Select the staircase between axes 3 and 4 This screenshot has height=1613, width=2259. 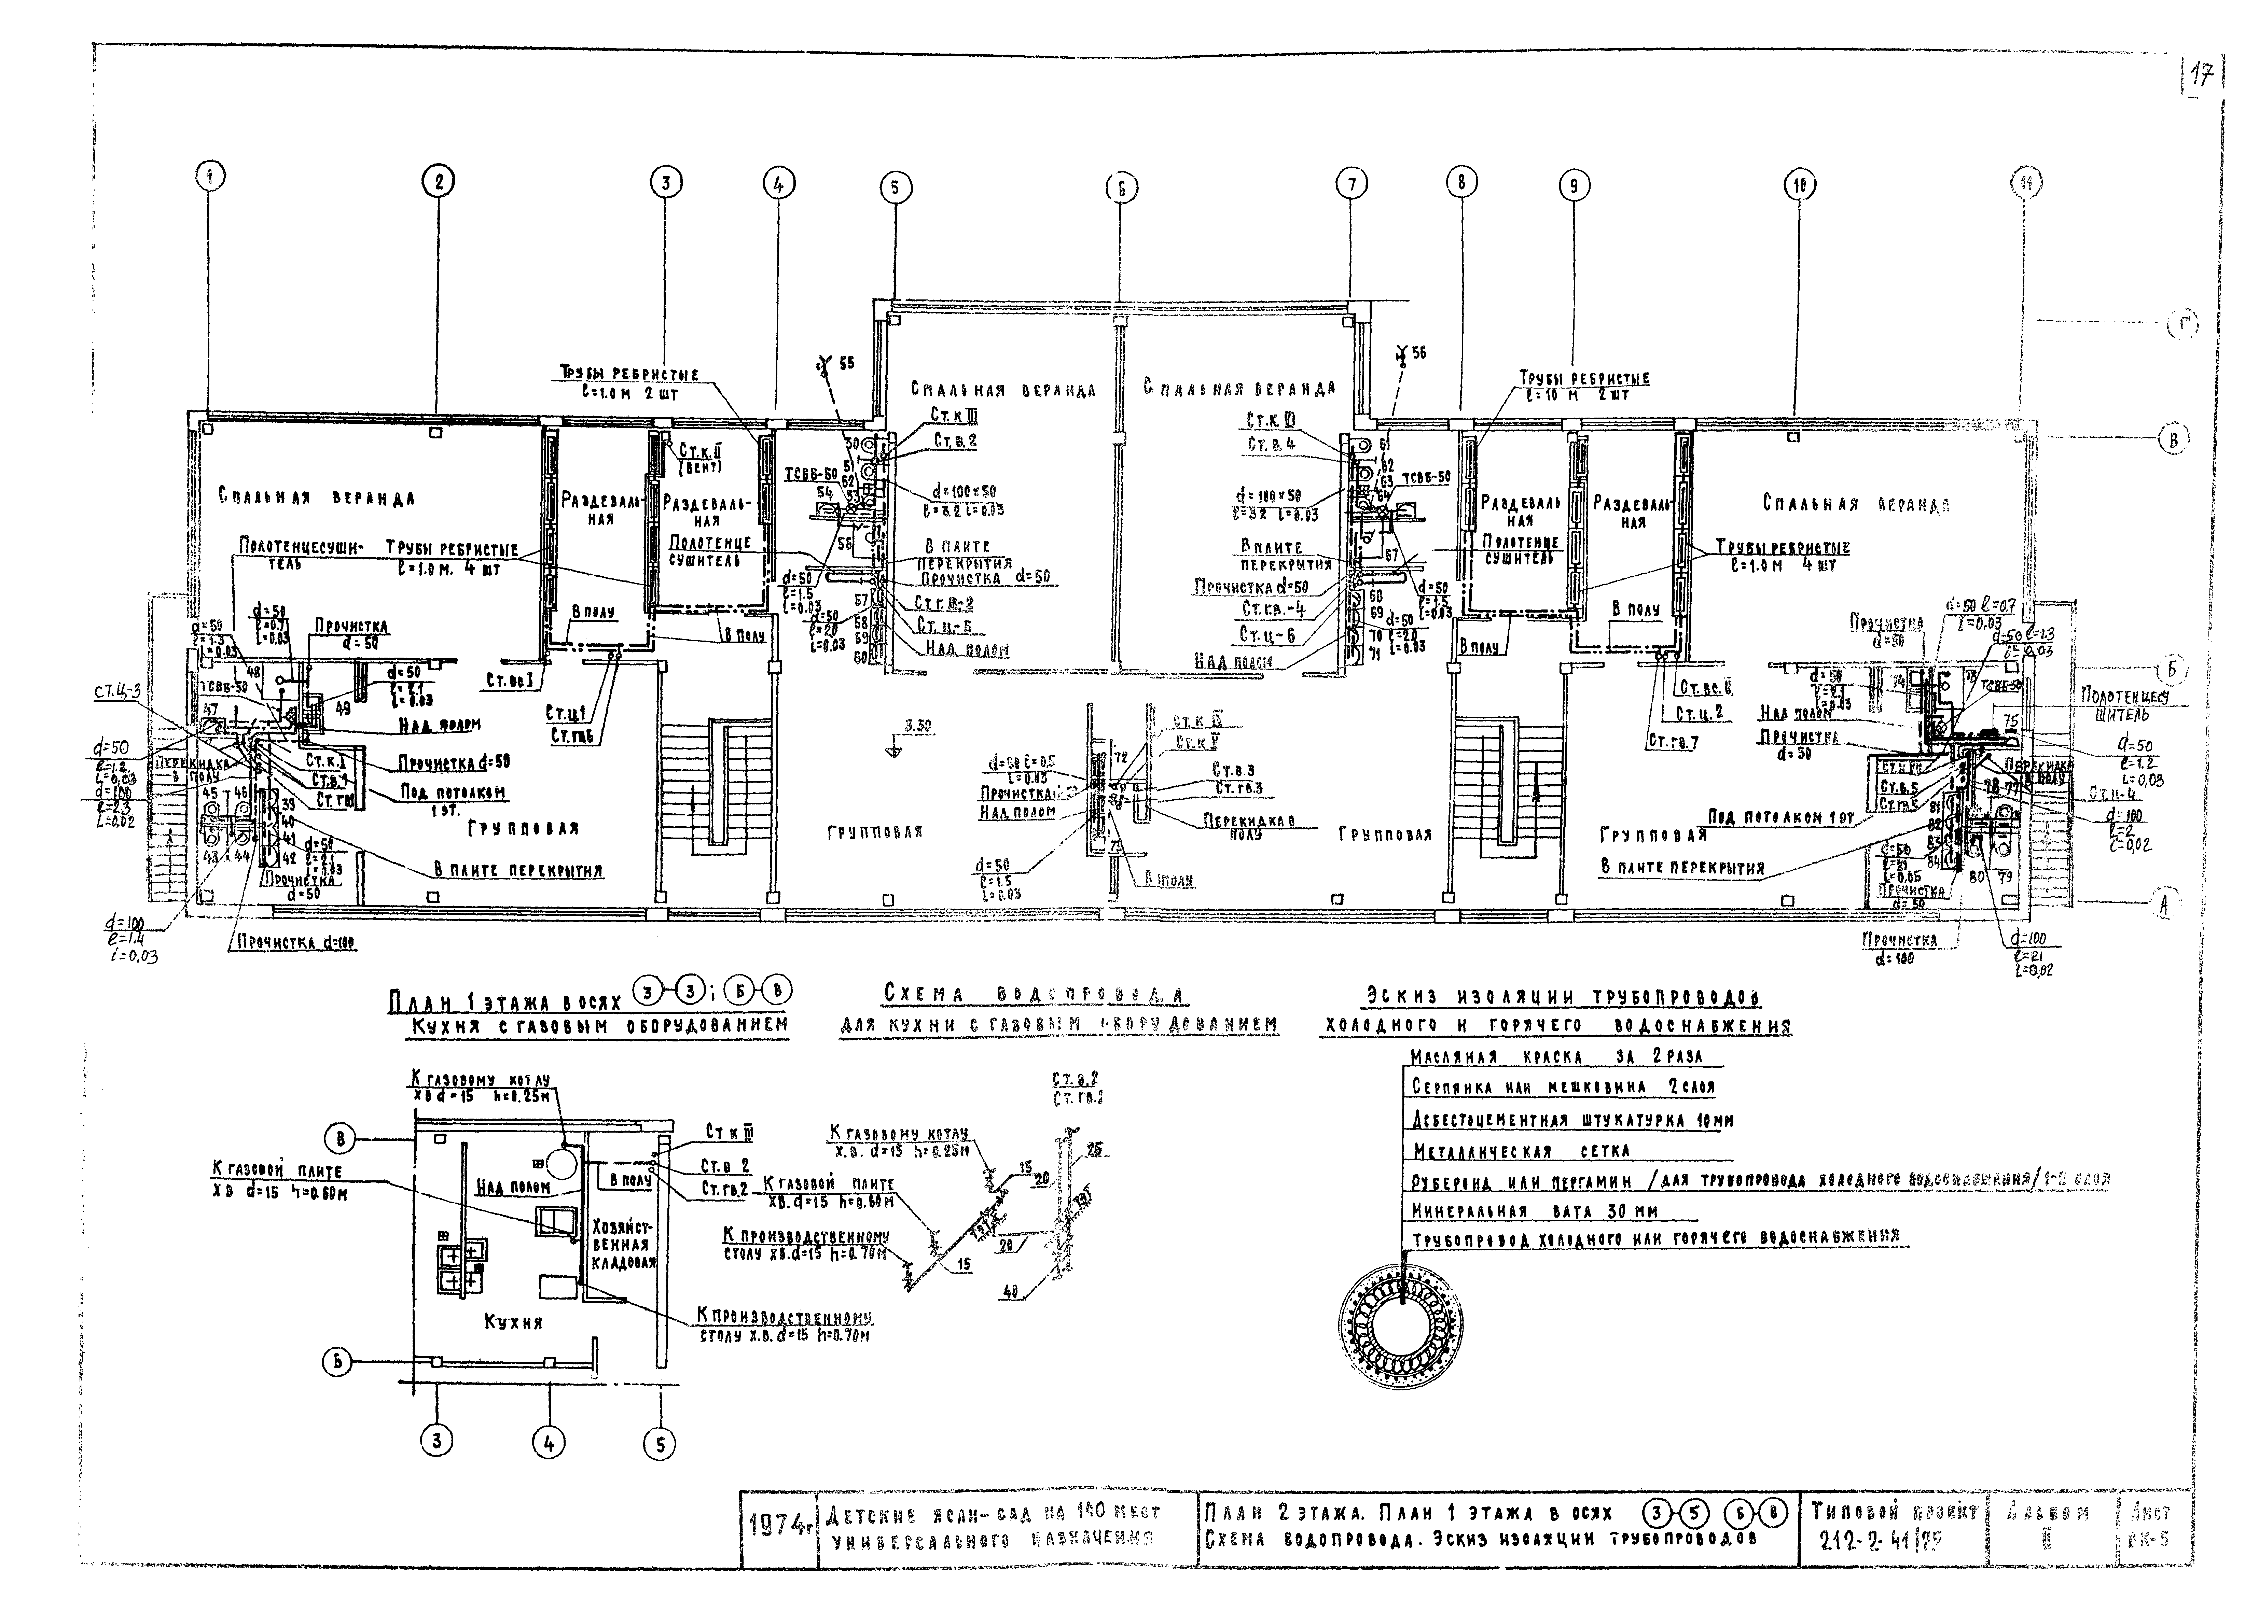pyautogui.click(x=714, y=785)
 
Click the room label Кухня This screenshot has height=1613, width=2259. pyautogui.click(x=514, y=1322)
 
